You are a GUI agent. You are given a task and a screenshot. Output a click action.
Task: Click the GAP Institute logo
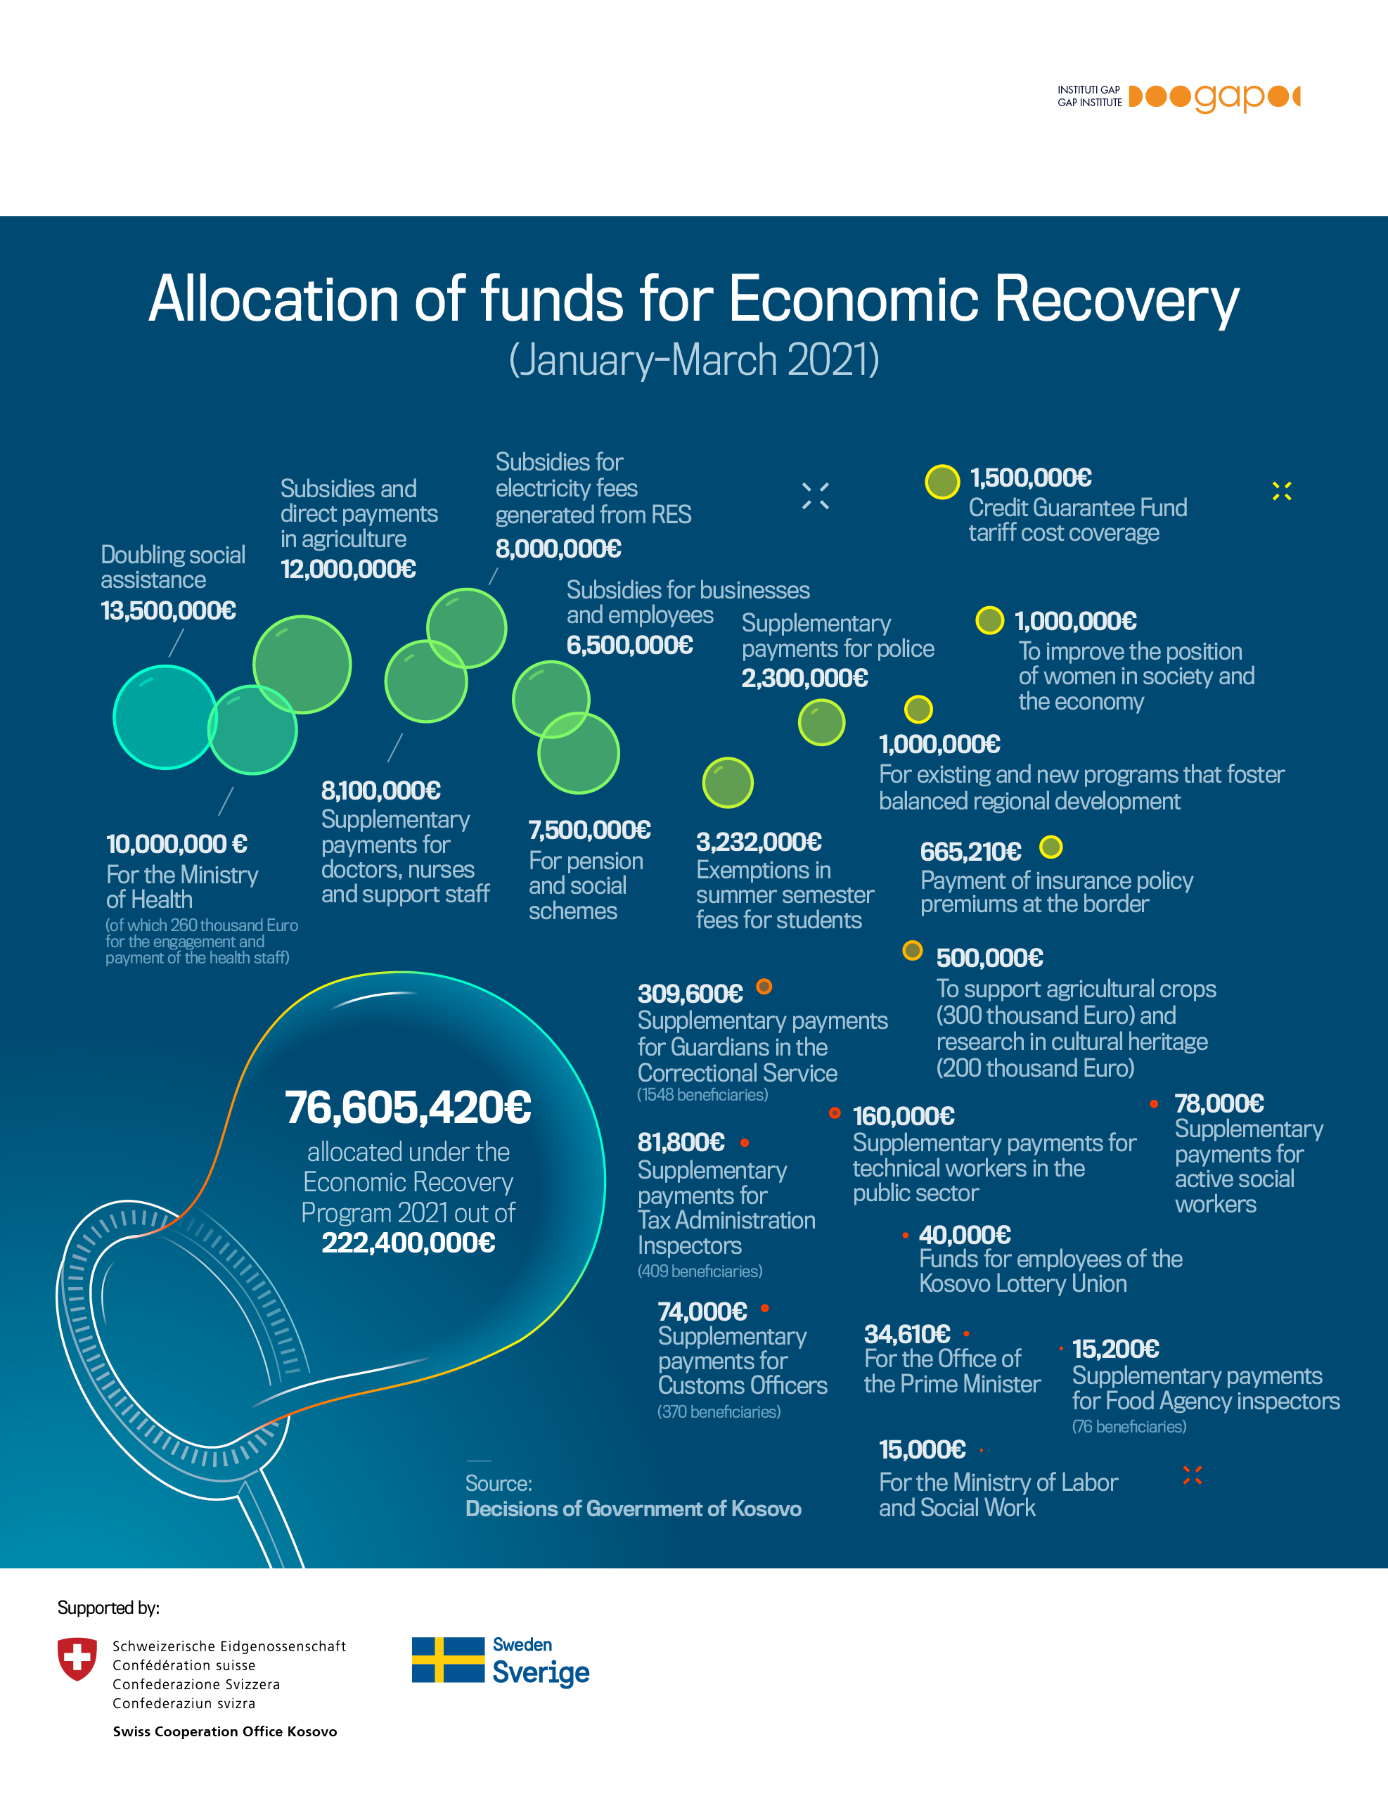1178,97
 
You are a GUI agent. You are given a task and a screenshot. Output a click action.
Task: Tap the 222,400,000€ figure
409,1243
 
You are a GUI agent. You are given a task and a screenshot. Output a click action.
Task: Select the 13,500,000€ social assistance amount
168,610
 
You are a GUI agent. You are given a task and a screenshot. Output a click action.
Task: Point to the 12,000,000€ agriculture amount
348,569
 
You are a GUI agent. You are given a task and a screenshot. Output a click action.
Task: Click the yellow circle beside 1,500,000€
942,482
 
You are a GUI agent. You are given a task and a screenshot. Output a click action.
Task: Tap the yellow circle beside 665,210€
1050,847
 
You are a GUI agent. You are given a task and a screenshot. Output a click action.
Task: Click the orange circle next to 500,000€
912,951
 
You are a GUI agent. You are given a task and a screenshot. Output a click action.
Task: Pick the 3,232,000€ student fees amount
759,842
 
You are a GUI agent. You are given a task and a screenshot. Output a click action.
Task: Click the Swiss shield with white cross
77,1658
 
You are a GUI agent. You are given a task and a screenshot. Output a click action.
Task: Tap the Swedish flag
448,1659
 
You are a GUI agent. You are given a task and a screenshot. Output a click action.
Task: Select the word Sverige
541,1672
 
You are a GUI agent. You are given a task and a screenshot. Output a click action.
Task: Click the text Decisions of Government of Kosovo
634,1508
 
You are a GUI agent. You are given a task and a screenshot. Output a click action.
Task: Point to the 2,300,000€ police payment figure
805,678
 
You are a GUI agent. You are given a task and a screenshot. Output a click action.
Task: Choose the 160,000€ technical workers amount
904,1117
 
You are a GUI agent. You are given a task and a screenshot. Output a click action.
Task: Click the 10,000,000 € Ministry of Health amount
176,845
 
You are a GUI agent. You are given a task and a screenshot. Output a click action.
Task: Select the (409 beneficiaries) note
700,1271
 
